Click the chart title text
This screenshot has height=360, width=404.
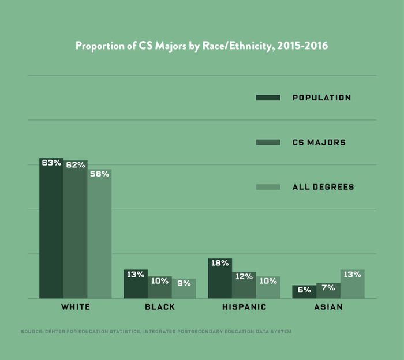(201, 46)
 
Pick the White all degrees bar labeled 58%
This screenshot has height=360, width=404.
(99, 234)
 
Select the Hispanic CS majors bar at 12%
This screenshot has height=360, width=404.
(244, 285)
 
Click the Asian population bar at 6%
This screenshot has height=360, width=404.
(304, 292)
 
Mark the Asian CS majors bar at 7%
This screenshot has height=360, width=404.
(328, 291)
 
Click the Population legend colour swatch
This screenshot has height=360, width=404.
(268, 97)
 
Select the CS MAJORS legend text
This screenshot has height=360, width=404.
(319, 142)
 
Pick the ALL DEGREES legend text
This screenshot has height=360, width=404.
(323, 187)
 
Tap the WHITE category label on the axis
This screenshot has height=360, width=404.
(76, 307)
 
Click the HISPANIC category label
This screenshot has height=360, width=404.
(244, 307)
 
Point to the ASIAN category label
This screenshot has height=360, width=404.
(328, 307)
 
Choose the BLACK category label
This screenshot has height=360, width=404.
(160, 307)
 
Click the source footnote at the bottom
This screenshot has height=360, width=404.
(156, 332)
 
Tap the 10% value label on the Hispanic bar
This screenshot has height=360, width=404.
(268, 281)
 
